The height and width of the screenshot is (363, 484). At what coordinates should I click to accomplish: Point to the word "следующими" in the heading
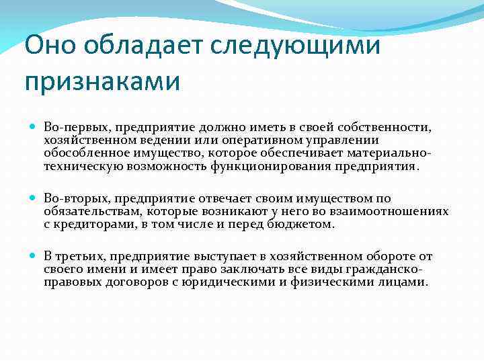coord(296,46)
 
